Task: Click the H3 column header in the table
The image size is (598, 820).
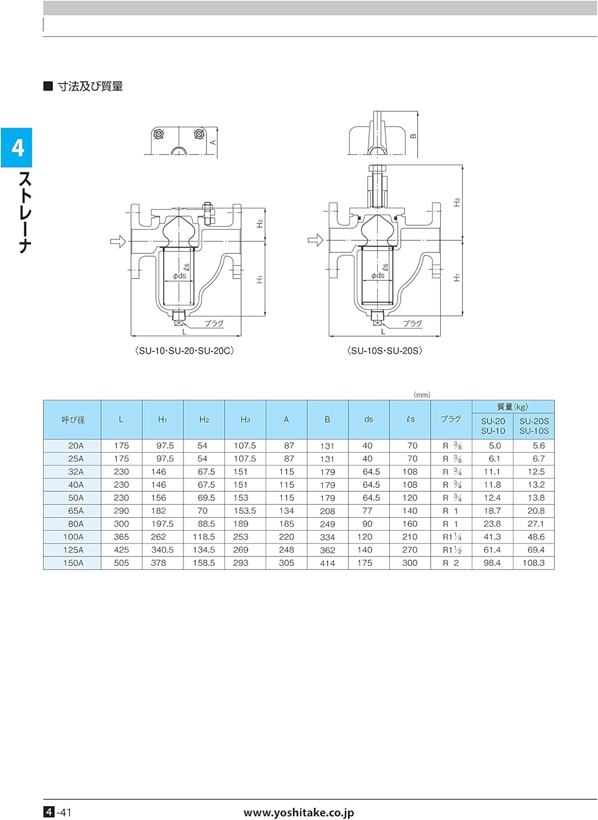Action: point(245,419)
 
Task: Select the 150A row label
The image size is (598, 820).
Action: point(74,563)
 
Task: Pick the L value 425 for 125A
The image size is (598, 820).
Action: point(121,550)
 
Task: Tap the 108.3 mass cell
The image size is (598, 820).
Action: point(534,563)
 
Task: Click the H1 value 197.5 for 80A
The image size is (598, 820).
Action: point(162,524)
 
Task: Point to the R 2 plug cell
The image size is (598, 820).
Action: point(451,563)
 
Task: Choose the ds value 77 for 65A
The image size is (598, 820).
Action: point(367,511)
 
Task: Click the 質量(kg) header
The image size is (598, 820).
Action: point(512,407)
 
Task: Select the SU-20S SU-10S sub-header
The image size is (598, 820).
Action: point(534,426)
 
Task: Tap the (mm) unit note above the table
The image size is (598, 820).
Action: point(422,395)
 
